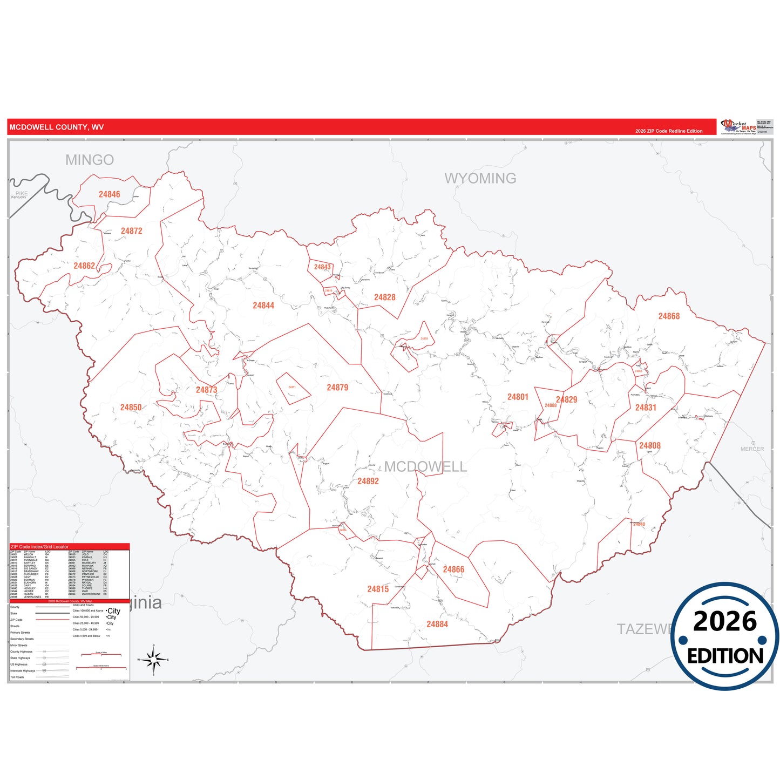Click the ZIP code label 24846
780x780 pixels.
coord(109,194)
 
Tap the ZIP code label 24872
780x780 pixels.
coord(131,231)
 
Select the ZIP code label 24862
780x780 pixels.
coord(84,266)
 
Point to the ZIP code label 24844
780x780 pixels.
coord(263,306)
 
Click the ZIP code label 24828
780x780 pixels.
coord(385,297)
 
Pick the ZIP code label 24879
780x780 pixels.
coord(337,388)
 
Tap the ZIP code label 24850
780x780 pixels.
coord(131,408)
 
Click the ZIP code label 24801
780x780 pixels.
coord(518,397)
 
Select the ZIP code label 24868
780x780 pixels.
coord(669,316)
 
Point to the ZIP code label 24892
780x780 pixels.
coord(368,481)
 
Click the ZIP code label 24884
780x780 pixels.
coord(437,624)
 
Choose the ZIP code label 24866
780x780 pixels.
coord(453,569)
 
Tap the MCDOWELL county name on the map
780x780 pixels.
coord(425,467)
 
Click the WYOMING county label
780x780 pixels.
coord(480,178)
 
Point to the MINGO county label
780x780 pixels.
coord(90,160)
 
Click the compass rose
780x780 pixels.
coord(154,659)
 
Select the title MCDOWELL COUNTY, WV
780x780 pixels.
coord(57,127)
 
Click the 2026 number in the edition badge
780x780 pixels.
coord(724,622)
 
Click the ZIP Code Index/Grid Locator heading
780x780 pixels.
coord(39,547)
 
